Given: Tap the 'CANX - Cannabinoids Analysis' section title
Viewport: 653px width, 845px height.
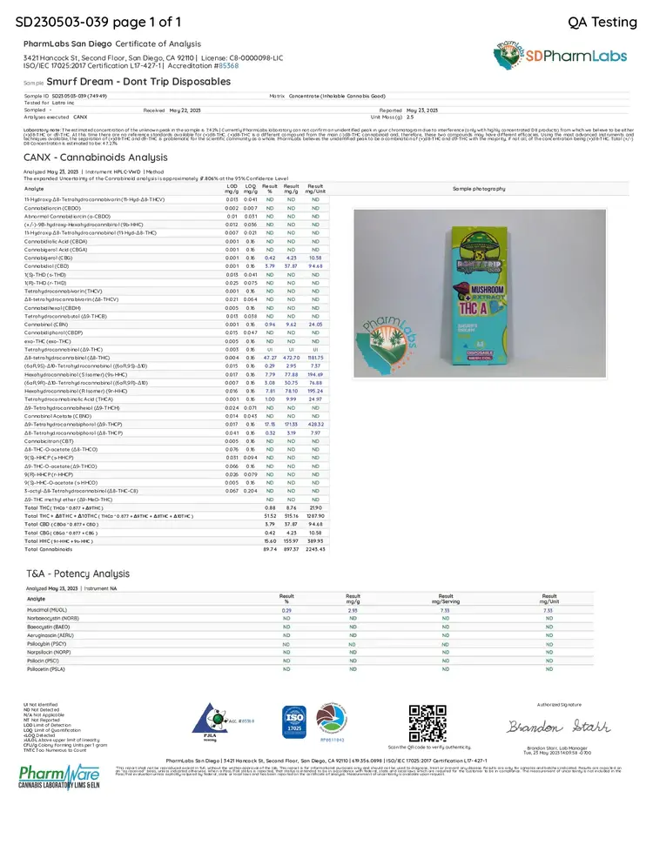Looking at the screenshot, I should click(96, 158).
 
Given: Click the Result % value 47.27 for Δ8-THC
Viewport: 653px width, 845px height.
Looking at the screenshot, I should click(270, 358).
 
